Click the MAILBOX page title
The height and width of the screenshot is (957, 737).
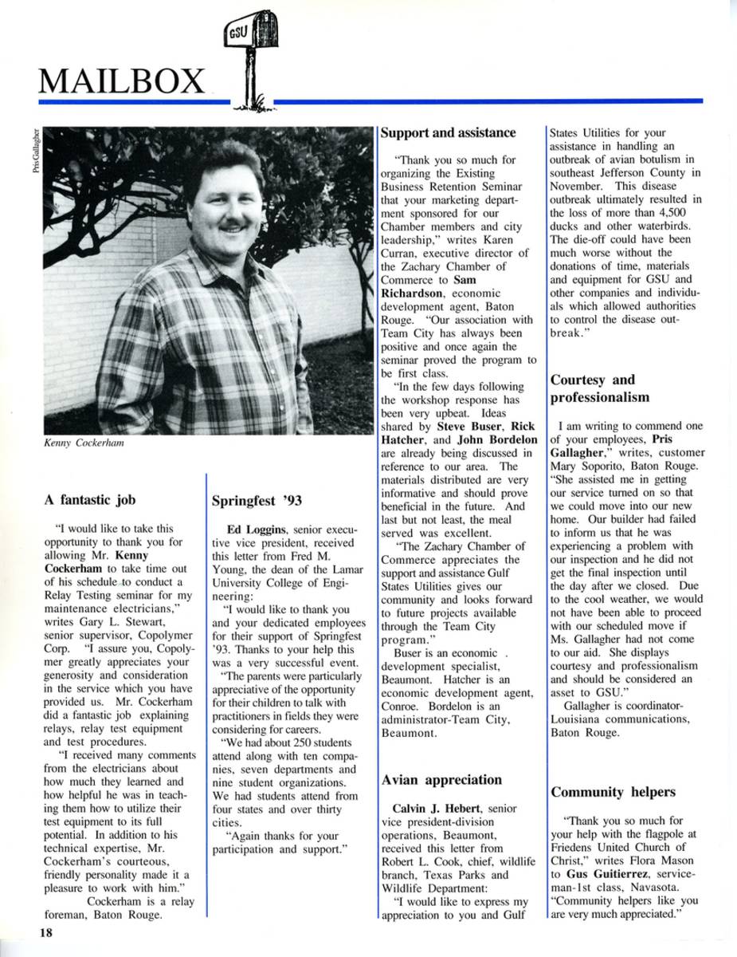pos(121,81)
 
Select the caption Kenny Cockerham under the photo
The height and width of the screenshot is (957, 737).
pos(84,443)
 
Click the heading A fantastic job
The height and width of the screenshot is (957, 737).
pos(90,500)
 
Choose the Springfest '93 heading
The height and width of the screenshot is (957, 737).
pos(255,502)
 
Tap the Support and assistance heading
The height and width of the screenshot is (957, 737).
pos(448,132)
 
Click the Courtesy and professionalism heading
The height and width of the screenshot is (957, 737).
pos(600,388)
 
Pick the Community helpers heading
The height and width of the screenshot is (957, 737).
pos(613,792)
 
